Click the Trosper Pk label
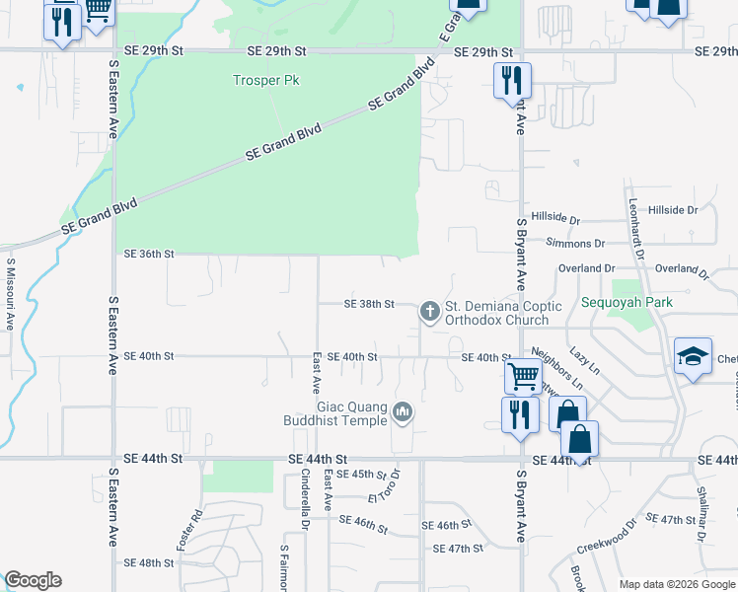[265, 80]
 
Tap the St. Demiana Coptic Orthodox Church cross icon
[429, 312]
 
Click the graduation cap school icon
[694, 356]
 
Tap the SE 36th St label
[149, 254]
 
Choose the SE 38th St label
[369, 304]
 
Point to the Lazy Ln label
[585, 359]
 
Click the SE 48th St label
[149, 563]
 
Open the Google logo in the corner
[33, 580]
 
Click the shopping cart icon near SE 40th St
[521, 375]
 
